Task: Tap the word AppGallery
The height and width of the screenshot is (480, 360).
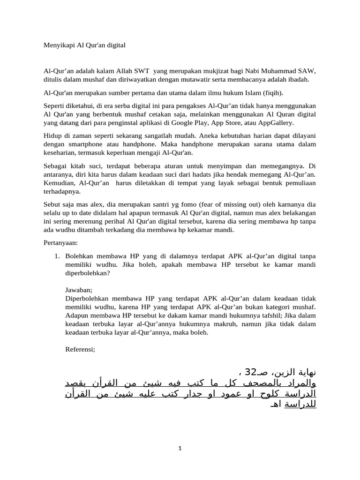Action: click(277, 122)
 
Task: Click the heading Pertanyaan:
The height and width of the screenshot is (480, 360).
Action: click(61, 243)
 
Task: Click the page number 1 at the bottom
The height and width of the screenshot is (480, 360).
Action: click(180, 448)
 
